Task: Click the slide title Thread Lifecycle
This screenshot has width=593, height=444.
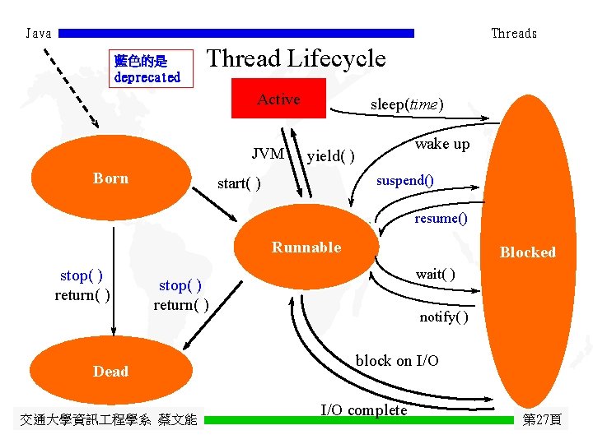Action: pyautogui.click(x=296, y=58)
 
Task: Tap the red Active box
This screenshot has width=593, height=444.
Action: pyautogui.click(x=279, y=99)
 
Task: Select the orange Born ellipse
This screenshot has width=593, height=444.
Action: pyautogui.click(x=110, y=178)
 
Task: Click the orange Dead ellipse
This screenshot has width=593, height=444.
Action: pyautogui.click(x=110, y=371)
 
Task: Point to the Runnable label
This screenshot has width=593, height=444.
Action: pyautogui.click(x=306, y=247)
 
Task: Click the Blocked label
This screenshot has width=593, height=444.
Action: pyautogui.click(x=528, y=252)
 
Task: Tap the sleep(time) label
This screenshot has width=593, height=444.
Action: pyautogui.click(x=407, y=104)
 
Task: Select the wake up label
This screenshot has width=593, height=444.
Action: pyautogui.click(x=442, y=144)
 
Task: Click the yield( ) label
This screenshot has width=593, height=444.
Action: pyautogui.click(x=330, y=156)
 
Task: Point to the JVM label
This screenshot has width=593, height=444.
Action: pyautogui.click(x=268, y=153)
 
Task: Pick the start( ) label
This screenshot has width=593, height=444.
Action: pyautogui.click(x=239, y=183)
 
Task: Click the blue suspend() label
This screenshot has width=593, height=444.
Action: pyautogui.click(x=405, y=179)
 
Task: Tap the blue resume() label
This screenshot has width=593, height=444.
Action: pyautogui.click(x=441, y=219)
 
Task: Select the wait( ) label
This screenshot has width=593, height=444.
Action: pyautogui.click(x=436, y=274)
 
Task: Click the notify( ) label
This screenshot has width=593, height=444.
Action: pyautogui.click(x=444, y=317)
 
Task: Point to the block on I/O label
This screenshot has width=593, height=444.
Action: pyautogui.click(x=397, y=361)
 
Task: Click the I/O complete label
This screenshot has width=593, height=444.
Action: pyautogui.click(x=364, y=410)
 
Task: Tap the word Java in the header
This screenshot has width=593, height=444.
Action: pyautogui.click(x=39, y=34)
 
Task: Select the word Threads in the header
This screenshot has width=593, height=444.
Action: pyautogui.click(x=514, y=34)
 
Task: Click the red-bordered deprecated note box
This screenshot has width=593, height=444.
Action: pyautogui.click(x=147, y=69)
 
